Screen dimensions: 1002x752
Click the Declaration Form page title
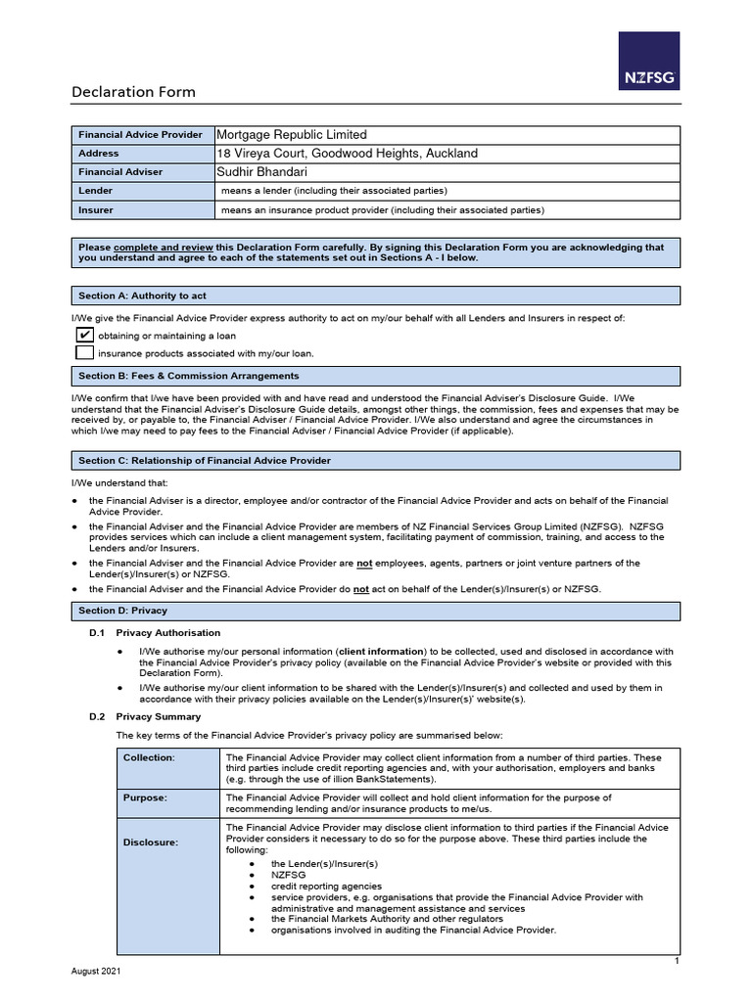(133, 92)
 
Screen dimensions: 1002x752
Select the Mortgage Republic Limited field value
(291, 135)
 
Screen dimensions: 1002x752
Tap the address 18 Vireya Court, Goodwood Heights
(347, 154)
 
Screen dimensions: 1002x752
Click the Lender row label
(96, 191)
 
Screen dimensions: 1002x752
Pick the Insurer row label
(96, 209)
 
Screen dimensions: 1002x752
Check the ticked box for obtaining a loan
(85, 336)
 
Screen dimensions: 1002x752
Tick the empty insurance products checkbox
(85, 352)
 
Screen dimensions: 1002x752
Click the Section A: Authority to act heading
(142, 296)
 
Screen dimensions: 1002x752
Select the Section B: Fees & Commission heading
(189, 376)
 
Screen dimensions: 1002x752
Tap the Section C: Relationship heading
(205, 460)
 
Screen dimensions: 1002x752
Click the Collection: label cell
(149, 757)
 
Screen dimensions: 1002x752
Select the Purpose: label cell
(145, 797)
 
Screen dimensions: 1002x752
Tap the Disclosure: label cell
(150, 843)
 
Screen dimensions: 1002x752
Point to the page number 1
(676, 962)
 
